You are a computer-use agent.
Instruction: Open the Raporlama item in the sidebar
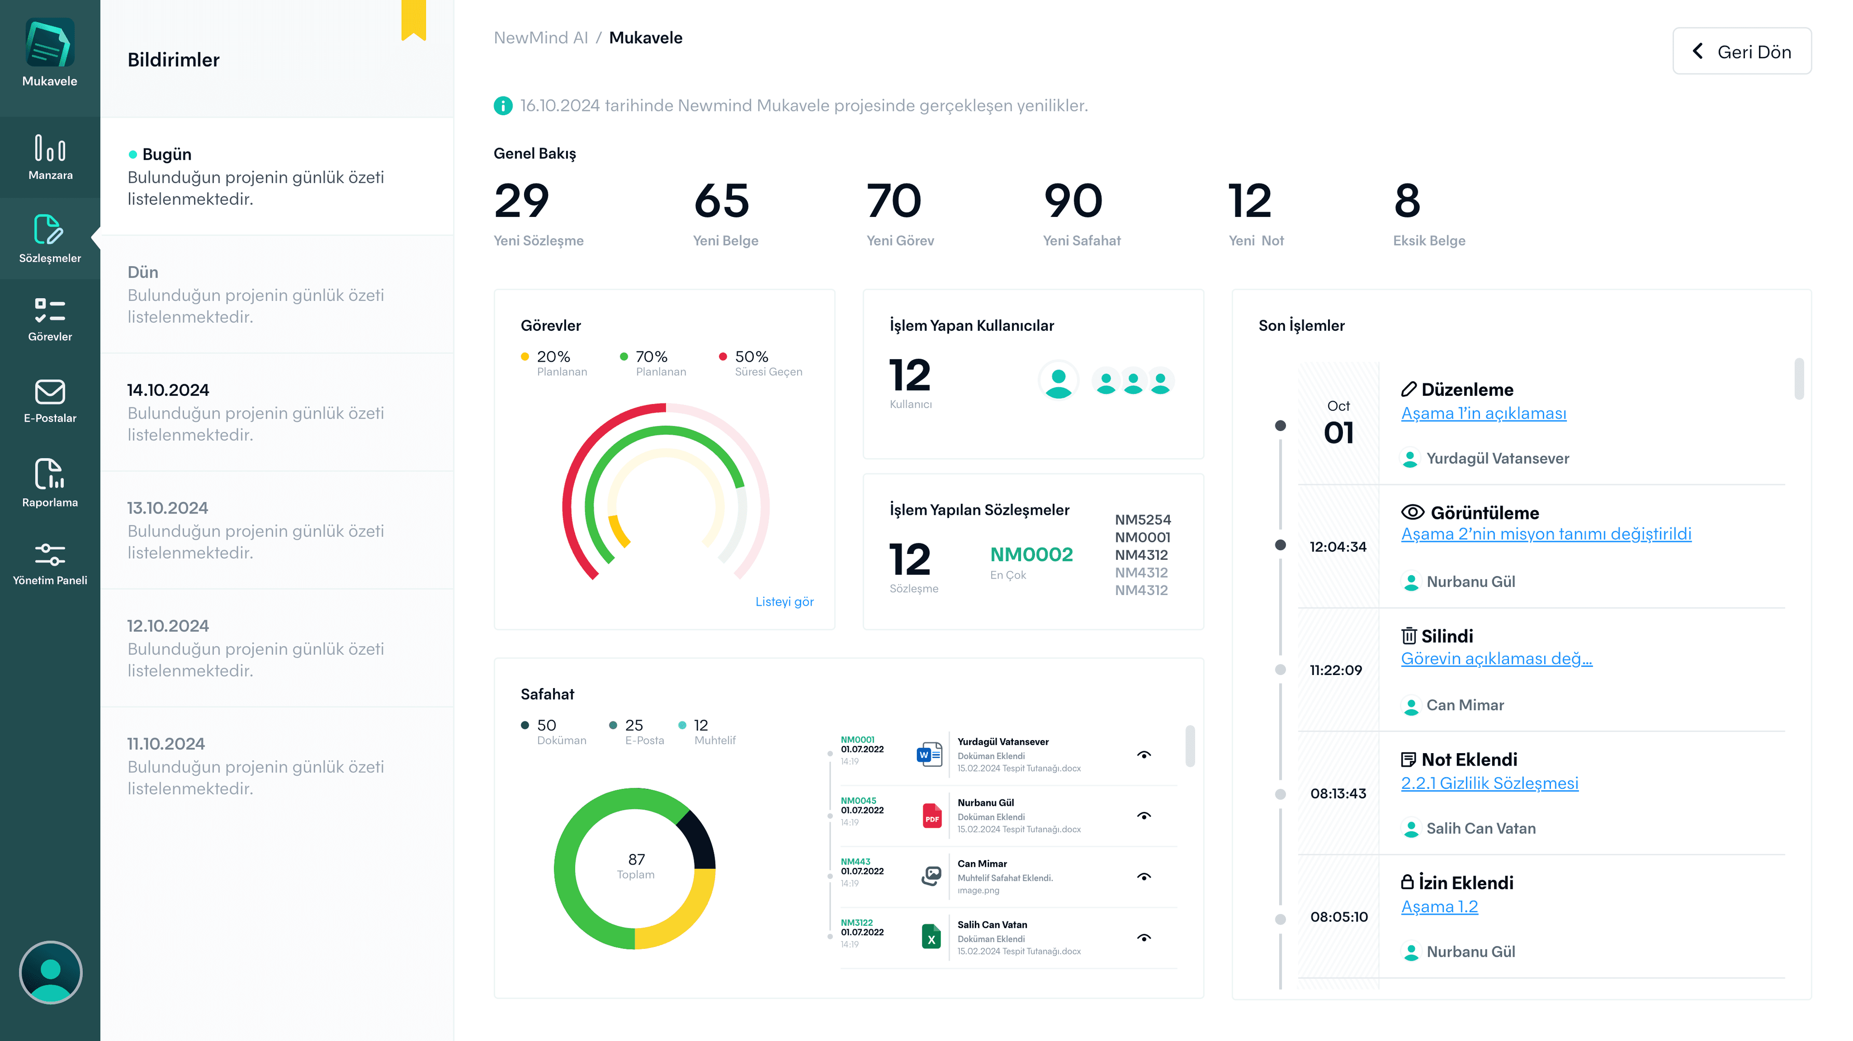tap(50, 482)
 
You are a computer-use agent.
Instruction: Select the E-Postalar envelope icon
tap(50, 392)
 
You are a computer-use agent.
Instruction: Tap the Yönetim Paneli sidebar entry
tap(50, 564)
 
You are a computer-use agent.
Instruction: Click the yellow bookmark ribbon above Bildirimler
tap(414, 19)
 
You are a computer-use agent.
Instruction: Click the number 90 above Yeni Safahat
tap(1073, 201)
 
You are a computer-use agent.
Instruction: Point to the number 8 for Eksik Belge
tap(1407, 201)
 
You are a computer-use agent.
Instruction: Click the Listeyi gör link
tap(784, 602)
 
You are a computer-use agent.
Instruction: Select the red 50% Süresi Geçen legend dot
tap(723, 357)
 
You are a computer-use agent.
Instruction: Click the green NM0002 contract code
tap(1031, 554)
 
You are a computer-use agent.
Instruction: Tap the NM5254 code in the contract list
tap(1142, 520)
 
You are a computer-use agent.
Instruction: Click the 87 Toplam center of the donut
tap(636, 865)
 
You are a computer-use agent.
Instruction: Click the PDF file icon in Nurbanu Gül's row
tap(931, 816)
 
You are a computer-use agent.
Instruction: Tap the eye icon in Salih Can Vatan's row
tap(1144, 938)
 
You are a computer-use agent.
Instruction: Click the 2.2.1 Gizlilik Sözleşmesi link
tap(1489, 783)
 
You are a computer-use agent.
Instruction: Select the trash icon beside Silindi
tap(1409, 636)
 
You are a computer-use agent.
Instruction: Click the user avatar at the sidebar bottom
tap(50, 973)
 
